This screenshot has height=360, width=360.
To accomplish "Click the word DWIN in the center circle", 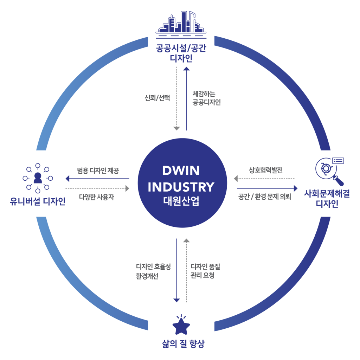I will point(181,171).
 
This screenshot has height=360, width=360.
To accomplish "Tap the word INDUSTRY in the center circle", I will point(181,187).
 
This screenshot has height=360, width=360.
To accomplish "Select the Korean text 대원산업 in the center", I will point(181,201).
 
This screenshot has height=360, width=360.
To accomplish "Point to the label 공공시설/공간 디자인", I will point(181,53).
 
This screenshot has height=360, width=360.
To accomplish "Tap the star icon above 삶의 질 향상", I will point(181,325).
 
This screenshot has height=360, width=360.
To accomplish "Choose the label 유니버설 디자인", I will point(38,202).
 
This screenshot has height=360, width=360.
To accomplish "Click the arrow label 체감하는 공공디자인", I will point(206,98).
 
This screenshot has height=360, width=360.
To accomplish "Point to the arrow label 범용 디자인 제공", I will point(98,171).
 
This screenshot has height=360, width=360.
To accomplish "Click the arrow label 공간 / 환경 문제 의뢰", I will point(264,197).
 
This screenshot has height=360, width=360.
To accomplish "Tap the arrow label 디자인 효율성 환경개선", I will point(153,271).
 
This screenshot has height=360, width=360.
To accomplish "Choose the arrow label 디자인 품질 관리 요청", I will point(205,271).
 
